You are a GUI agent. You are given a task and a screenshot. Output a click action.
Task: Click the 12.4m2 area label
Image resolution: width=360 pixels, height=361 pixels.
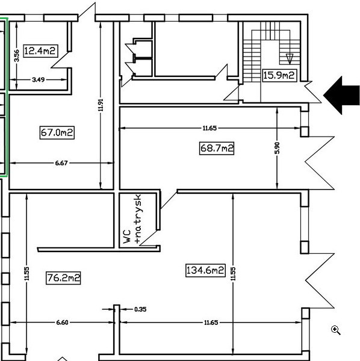click(40, 51)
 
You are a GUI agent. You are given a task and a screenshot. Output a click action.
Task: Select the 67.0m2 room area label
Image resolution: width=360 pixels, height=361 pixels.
click(57, 132)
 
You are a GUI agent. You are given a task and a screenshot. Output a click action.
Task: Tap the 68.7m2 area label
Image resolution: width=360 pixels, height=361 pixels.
click(216, 147)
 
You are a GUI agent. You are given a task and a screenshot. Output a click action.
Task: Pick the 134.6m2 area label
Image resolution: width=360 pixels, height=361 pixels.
click(205, 271)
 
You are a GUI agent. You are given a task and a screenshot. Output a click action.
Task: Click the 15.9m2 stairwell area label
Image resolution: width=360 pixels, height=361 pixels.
click(279, 75)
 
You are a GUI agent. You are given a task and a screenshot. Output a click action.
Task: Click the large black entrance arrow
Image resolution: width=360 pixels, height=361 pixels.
click(341, 94)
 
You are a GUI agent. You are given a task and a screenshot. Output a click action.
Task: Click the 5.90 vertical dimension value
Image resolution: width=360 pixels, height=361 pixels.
click(278, 147)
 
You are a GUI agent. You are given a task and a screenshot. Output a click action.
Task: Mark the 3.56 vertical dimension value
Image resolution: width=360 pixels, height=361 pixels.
click(17, 55)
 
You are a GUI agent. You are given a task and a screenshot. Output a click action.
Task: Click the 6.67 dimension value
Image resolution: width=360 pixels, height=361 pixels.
click(60, 162)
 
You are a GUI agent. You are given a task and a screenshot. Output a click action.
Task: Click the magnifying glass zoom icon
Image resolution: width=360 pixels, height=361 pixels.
click(336, 330)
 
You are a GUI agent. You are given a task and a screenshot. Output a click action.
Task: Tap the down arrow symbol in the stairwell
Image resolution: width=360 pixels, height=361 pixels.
click(290, 58)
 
